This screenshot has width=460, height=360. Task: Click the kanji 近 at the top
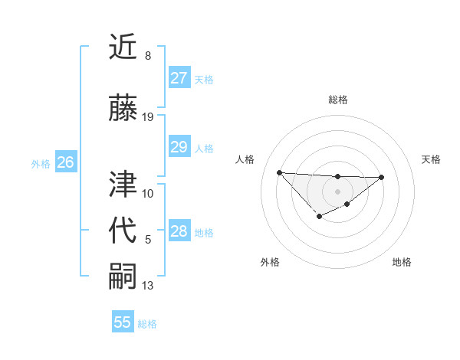coord(124,47)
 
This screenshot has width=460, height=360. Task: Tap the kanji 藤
coord(124,109)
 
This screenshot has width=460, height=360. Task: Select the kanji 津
coord(124,185)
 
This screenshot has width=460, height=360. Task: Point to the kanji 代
coord(124,231)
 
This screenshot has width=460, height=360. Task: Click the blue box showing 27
coord(179,78)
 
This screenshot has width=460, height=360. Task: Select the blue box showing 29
coord(179,147)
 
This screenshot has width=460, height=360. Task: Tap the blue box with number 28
coord(179,231)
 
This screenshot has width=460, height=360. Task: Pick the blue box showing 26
coord(66,162)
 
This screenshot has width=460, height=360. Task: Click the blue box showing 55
coord(123,322)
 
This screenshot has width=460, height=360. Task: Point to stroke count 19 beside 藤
coord(148,117)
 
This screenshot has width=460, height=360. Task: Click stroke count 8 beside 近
coord(148,56)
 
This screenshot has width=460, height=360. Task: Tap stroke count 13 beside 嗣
coord(148,286)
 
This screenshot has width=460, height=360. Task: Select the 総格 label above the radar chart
coord(338,100)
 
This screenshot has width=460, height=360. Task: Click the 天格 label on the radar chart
coord(432,159)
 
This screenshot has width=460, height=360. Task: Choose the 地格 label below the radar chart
coord(402,262)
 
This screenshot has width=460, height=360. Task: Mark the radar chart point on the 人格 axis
coord(280,172)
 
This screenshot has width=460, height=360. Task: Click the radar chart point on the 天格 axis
coord(382,177)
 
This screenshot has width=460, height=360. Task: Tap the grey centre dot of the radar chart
coord(337,191)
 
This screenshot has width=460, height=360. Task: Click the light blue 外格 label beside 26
coord(41,163)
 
